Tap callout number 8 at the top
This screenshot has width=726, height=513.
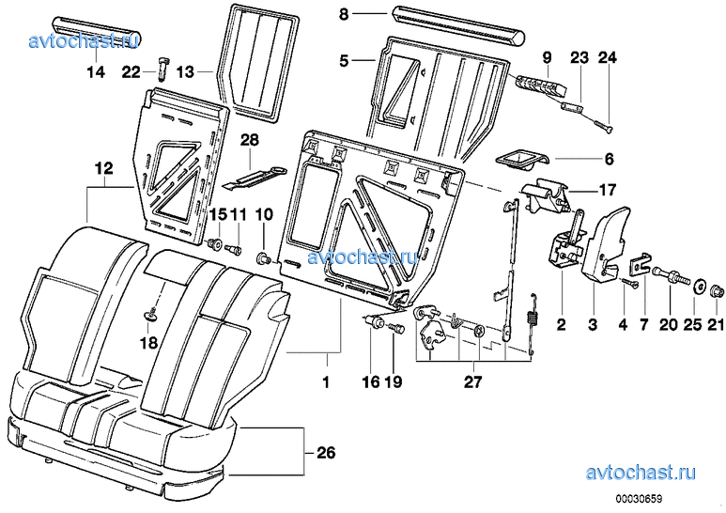[343, 15]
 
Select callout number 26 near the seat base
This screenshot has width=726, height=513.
[325, 454]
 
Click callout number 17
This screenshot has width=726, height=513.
[607, 188]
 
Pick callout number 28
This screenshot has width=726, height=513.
[249, 141]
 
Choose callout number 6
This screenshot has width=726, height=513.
[608, 161]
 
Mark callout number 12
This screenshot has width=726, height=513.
[103, 169]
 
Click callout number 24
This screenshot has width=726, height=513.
[607, 58]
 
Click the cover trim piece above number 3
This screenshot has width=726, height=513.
[601, 240]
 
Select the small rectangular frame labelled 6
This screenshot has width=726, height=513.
[516, 160]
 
